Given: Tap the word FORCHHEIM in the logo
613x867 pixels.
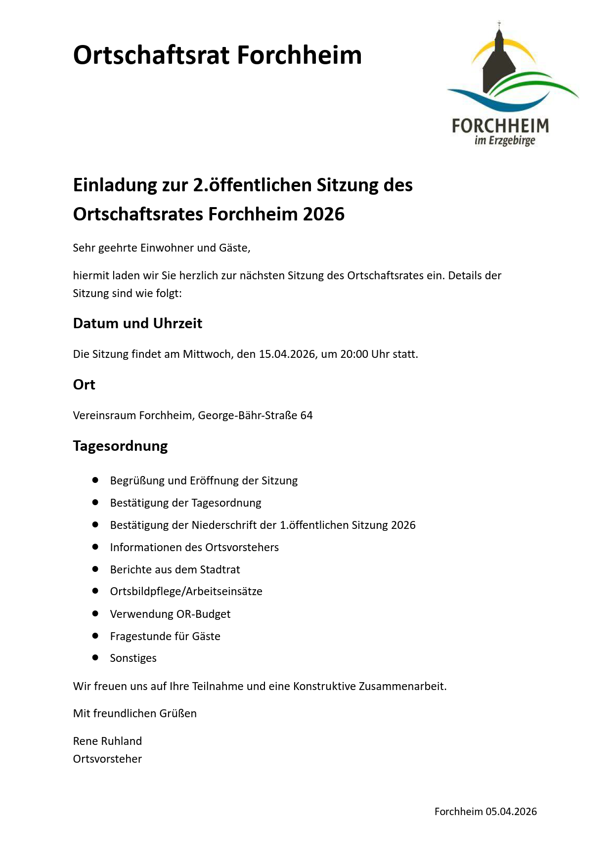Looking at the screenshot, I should [500, 126].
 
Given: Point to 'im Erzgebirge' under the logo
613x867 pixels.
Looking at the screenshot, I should [505, 141].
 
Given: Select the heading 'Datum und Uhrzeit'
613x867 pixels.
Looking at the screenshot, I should [137, 323].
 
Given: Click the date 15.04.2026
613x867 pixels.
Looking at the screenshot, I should [287, 354].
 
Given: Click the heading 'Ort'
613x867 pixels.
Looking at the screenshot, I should [84, 385].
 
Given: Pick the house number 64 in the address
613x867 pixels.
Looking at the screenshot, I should [306, 415].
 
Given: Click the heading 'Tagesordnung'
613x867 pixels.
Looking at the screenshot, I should [120, 446].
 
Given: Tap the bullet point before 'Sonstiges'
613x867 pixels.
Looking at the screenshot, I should [95, 657].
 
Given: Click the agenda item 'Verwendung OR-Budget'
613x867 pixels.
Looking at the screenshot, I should [170, 614].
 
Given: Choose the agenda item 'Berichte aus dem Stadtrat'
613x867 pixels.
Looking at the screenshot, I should [175, 569].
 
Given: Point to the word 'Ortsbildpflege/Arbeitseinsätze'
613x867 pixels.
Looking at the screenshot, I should [186, 591].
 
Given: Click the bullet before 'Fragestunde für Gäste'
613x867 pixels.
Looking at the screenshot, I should [95, 636].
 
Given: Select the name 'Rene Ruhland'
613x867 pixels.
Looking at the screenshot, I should [107, 741].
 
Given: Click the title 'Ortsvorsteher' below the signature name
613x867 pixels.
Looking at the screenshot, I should [107, 759].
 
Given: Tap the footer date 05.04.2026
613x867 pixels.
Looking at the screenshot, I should [511, 812].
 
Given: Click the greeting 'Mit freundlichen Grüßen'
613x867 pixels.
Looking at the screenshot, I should [135, 713].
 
